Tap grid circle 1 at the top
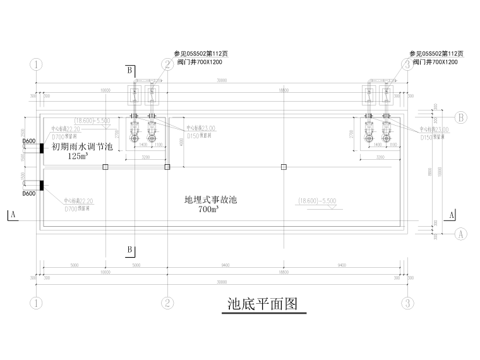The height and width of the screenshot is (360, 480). (37, 64)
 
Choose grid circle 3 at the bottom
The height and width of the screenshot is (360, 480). (409, 303)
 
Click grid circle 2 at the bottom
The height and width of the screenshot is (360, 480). (167, 303)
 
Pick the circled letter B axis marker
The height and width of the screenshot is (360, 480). (460, 117)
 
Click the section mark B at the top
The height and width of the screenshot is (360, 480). (129, 69)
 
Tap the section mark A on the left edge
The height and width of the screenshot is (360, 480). (12, 215)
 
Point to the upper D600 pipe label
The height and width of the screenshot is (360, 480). (28, 141)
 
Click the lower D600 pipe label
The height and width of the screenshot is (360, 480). (28, 194)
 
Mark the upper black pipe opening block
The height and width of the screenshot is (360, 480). (40, 148)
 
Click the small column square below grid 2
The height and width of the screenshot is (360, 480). (167, 167)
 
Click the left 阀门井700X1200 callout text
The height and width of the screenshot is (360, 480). (196, 62)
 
